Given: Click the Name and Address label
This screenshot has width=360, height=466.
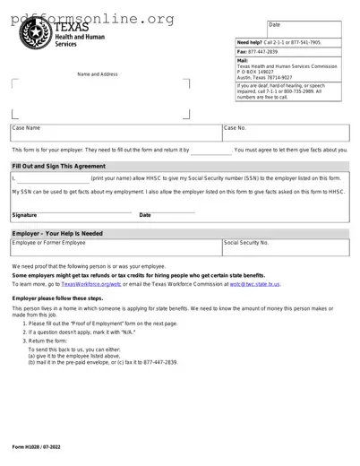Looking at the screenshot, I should pos(98,73).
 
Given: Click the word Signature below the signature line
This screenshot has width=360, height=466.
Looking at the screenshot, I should pos(24,215).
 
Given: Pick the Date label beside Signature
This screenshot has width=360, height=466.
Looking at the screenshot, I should pos(145,215).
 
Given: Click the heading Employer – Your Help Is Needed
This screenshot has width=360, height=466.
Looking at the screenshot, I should pos(57,233).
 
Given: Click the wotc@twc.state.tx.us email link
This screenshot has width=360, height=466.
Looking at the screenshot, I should pos(254,283).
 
